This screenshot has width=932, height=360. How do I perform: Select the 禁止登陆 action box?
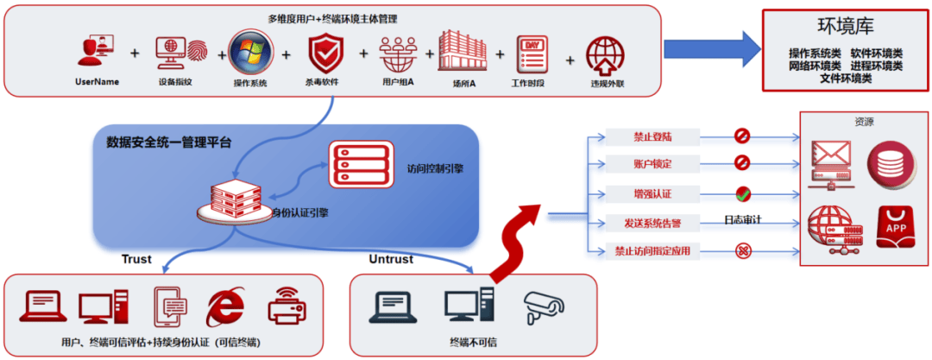tap(652, 136)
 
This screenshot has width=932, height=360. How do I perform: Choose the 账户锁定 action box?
tap(652, 164)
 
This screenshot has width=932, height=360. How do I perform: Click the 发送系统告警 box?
tap(652, 223)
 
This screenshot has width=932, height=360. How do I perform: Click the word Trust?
tap(136, 259)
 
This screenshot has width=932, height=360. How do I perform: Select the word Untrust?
tap(391, 259)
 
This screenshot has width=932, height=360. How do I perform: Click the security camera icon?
tap(543, 304)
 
